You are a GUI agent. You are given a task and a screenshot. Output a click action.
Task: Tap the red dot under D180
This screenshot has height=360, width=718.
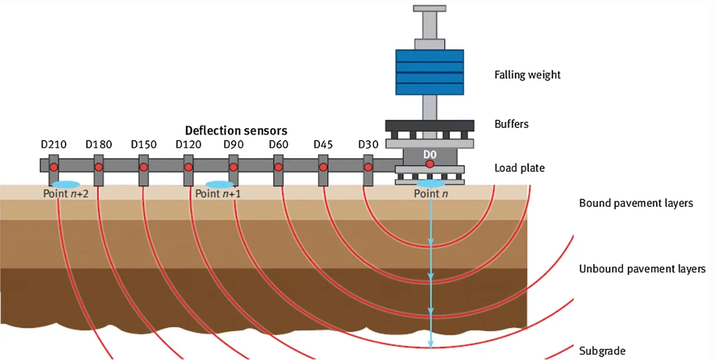click(99, 167)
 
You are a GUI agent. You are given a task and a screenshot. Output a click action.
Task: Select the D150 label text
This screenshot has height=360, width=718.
click(143, 145)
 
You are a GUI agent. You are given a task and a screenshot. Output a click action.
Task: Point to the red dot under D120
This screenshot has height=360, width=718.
click(188, 167)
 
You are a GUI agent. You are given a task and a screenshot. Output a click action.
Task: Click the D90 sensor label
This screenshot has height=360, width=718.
click(234, 145)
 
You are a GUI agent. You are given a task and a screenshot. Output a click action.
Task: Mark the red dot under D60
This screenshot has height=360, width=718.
click(278, 167)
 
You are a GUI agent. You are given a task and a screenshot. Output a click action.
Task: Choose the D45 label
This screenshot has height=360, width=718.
click(323, 145)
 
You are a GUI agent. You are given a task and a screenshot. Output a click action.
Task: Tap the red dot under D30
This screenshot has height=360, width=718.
click(368, 167)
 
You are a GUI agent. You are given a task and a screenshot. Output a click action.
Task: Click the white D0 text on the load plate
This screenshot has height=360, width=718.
click(430, 154)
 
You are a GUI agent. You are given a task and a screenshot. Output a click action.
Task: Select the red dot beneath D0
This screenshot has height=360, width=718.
click(430, 164)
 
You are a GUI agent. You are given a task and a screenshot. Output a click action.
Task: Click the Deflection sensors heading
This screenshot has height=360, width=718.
click(236, 130)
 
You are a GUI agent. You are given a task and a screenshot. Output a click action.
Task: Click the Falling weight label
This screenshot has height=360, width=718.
click(527, 75)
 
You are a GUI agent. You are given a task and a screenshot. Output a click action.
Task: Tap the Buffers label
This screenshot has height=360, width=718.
click(512, 124)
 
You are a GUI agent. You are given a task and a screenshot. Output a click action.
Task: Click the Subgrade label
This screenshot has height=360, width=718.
click(602, 350)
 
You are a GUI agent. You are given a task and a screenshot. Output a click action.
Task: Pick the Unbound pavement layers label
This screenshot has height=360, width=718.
click(642, 269)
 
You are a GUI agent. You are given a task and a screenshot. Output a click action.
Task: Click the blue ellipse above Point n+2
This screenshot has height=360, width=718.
click(65, 184)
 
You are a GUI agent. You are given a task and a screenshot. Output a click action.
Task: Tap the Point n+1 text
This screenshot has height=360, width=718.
click(218, 194)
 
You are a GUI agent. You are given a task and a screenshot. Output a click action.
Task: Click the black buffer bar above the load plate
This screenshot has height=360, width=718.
click(429, 125)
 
